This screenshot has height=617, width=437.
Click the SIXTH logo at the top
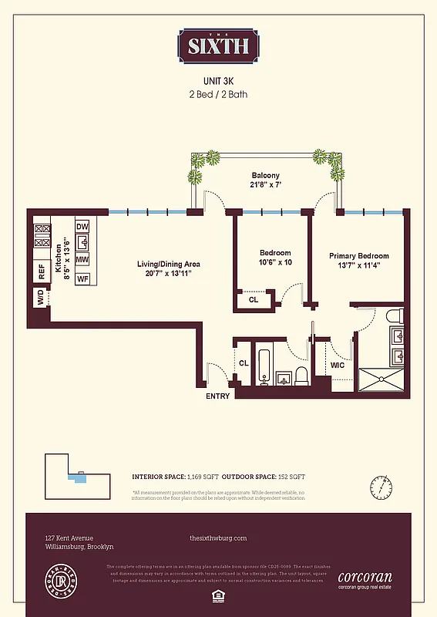tap(217, 46)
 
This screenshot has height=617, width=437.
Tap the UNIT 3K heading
tap(218, 79)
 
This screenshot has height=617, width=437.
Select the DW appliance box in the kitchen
tap(82, 226)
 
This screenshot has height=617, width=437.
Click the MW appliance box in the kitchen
tap(82, 260)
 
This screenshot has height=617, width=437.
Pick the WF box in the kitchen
tap(82, 278)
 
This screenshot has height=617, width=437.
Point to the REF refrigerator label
tap(41, 272)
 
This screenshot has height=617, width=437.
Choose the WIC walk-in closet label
tap(337, 365)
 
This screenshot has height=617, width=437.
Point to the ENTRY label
tap(217, 396)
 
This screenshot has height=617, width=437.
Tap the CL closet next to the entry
tap(244, 362)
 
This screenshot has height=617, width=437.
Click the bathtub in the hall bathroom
tap(264, 368)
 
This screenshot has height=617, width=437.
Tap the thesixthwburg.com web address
tap(217, 538)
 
